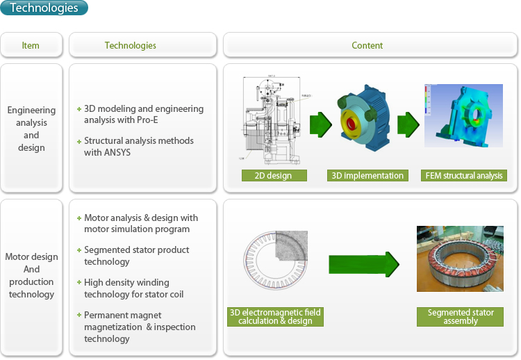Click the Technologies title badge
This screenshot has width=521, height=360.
tap(44, 8)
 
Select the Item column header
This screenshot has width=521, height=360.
tap(31, 45)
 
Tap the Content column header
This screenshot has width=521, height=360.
tap(367, 45)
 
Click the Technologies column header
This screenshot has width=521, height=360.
tap(131, 45)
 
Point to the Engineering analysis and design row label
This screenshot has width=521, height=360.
tap(31, 129)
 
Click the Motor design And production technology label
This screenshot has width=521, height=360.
tap(31, 275)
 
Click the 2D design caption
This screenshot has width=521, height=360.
tap(274, 176)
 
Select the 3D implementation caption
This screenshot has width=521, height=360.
tap(367, 176)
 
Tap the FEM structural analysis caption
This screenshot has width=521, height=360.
tap(464, 176)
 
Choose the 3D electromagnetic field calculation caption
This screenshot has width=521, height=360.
tap(275, 317)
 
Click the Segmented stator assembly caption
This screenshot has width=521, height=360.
tap(461, 317)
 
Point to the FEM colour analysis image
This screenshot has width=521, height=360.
tap(463, 115)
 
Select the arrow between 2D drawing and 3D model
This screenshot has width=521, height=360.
tap(320, 125)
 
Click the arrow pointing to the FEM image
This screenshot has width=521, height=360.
tap(408, 125)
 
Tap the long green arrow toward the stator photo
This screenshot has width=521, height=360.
tap(363, 264)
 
